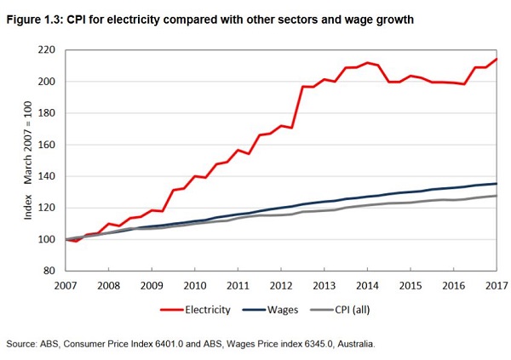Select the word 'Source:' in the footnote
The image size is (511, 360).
pos(24,343)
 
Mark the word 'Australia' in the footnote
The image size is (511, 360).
pos(354,343)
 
